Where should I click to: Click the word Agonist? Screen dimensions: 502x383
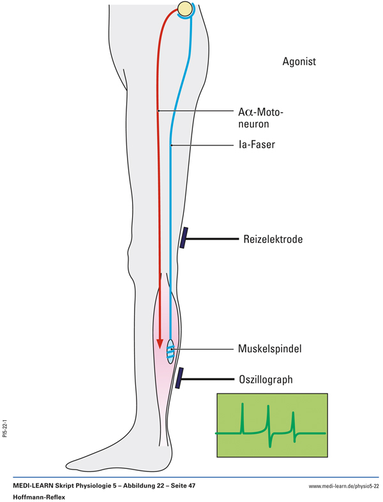tap(299, 63)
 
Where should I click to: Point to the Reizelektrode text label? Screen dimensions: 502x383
tap(273, 240)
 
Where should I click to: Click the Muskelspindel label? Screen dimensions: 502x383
tap(271, 349)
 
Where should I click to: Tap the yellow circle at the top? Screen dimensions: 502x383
tap(185, 9)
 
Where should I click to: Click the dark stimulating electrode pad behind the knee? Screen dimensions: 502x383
tap(184, 239)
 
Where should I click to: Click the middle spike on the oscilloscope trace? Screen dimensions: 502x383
tap(269, 421)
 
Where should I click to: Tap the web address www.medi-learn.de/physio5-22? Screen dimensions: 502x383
tap(343, 486)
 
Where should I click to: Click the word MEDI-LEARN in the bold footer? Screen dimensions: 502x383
tap(36, 486)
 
